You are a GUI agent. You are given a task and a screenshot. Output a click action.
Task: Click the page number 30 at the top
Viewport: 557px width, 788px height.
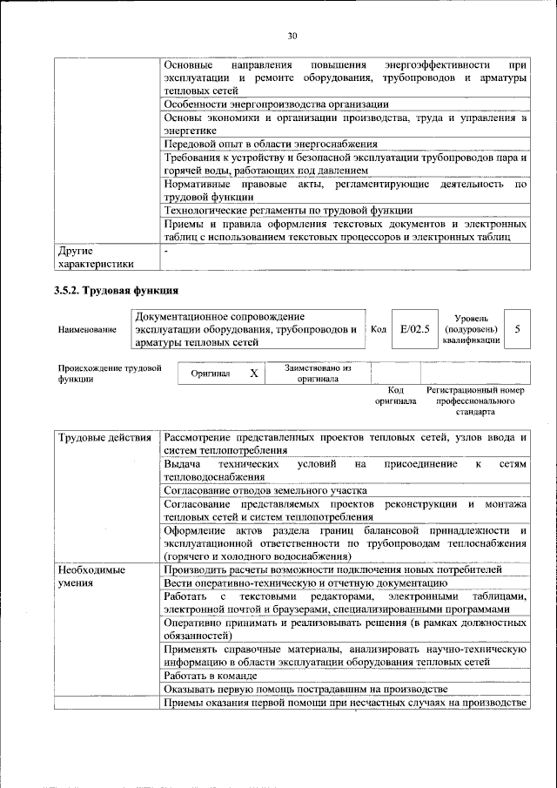pyautogui.click(x=292, y=36)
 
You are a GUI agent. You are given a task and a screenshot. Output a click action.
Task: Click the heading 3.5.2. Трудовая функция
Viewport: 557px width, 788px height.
pyautogui.click(x=116, y=290)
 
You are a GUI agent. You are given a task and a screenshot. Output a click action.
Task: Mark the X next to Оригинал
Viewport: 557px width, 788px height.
pyautogui.click(x=254, y=373)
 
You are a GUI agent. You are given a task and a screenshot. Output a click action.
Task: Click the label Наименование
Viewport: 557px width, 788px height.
pyautogui.click(x=87, y=330)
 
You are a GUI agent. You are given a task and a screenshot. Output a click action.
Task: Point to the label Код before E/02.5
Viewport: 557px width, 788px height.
pyautogui.click(x=379, y=329)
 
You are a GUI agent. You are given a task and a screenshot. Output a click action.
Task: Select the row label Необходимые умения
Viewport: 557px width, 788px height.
pyautogui.click(x=91, y=576)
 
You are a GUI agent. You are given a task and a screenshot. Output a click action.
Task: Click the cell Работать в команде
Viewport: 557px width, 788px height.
pyautogui.click(x=211, y=676)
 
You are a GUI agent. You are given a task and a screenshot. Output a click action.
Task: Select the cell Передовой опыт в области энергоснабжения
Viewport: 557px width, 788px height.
pyautogui.click(x=271, y=144)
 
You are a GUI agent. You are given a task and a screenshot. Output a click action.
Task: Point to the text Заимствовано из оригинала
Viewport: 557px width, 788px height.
pyautogui.click(x=317, y=373)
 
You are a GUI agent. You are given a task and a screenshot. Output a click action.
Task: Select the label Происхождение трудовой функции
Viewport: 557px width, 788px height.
pyautogui.click(x=111, y=374)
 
